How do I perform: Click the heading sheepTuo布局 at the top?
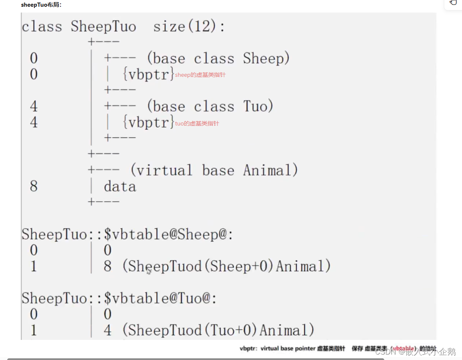tap(41, 5)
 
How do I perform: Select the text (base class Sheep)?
tap(218, 58)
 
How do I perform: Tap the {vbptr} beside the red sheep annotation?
tap(148, 75)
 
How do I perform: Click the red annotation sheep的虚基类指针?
tap(200, 75)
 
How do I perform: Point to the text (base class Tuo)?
tap(210, 107)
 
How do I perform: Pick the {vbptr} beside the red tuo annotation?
tap(148, 123)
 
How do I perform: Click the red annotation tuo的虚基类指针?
tap(197, 123)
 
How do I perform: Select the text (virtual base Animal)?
tap(214, 170)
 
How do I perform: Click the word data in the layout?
tap(120, 187)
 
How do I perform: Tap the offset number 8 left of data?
tap(34, 186)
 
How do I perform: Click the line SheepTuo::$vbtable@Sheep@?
tap(127, 234)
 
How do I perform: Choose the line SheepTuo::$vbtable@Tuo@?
tap(120, 298)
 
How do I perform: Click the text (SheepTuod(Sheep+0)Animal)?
tap(226, 266)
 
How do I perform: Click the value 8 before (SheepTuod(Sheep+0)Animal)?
tap(108, 266)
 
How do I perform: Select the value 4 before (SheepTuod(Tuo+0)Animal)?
tap(108, 330)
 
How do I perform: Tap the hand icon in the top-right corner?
tap(453, 3)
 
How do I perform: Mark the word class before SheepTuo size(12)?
tap(42, 27)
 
